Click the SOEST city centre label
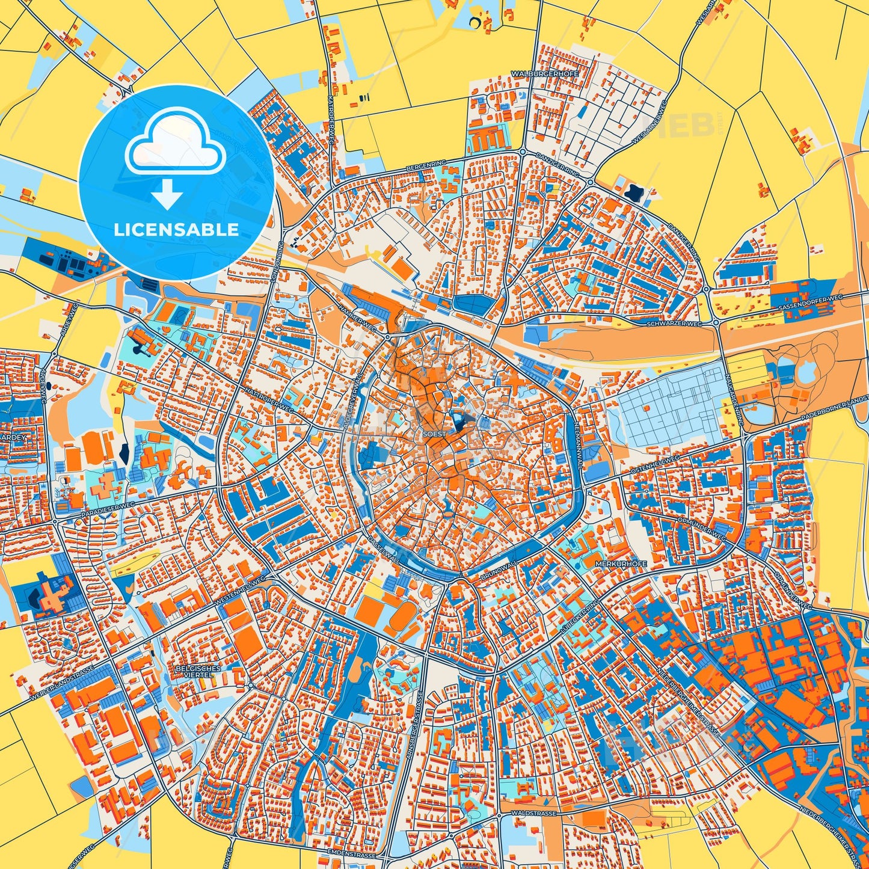435,434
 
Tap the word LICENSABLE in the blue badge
177,230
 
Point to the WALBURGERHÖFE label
545,73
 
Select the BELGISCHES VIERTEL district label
198,672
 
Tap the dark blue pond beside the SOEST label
460,423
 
